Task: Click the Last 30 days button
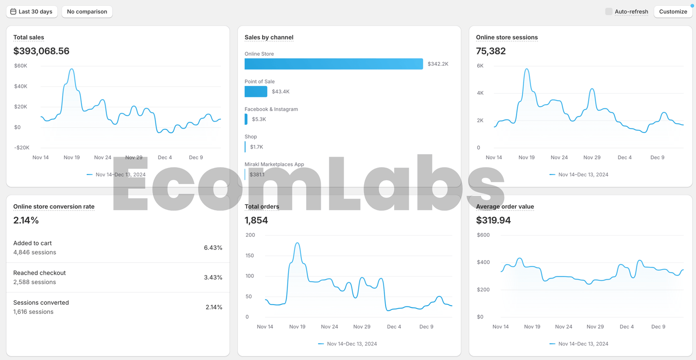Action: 31,12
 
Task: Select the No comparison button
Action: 87,12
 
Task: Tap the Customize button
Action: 673,12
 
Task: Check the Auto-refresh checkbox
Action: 609,12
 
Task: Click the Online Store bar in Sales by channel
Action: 333,64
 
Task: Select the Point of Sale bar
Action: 256,91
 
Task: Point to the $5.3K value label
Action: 259,119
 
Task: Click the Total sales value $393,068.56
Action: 41,51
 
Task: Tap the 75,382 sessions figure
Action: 491,51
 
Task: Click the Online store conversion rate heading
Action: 54,206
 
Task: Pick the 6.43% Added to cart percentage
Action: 213,248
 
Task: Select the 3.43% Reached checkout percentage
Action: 213,277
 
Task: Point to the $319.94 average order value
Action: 493,220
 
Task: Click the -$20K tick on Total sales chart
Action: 22,148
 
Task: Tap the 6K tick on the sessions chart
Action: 480,66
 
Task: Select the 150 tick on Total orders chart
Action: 250,256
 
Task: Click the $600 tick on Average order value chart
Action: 483,235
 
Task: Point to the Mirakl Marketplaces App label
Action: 274,164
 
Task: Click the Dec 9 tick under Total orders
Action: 426,326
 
